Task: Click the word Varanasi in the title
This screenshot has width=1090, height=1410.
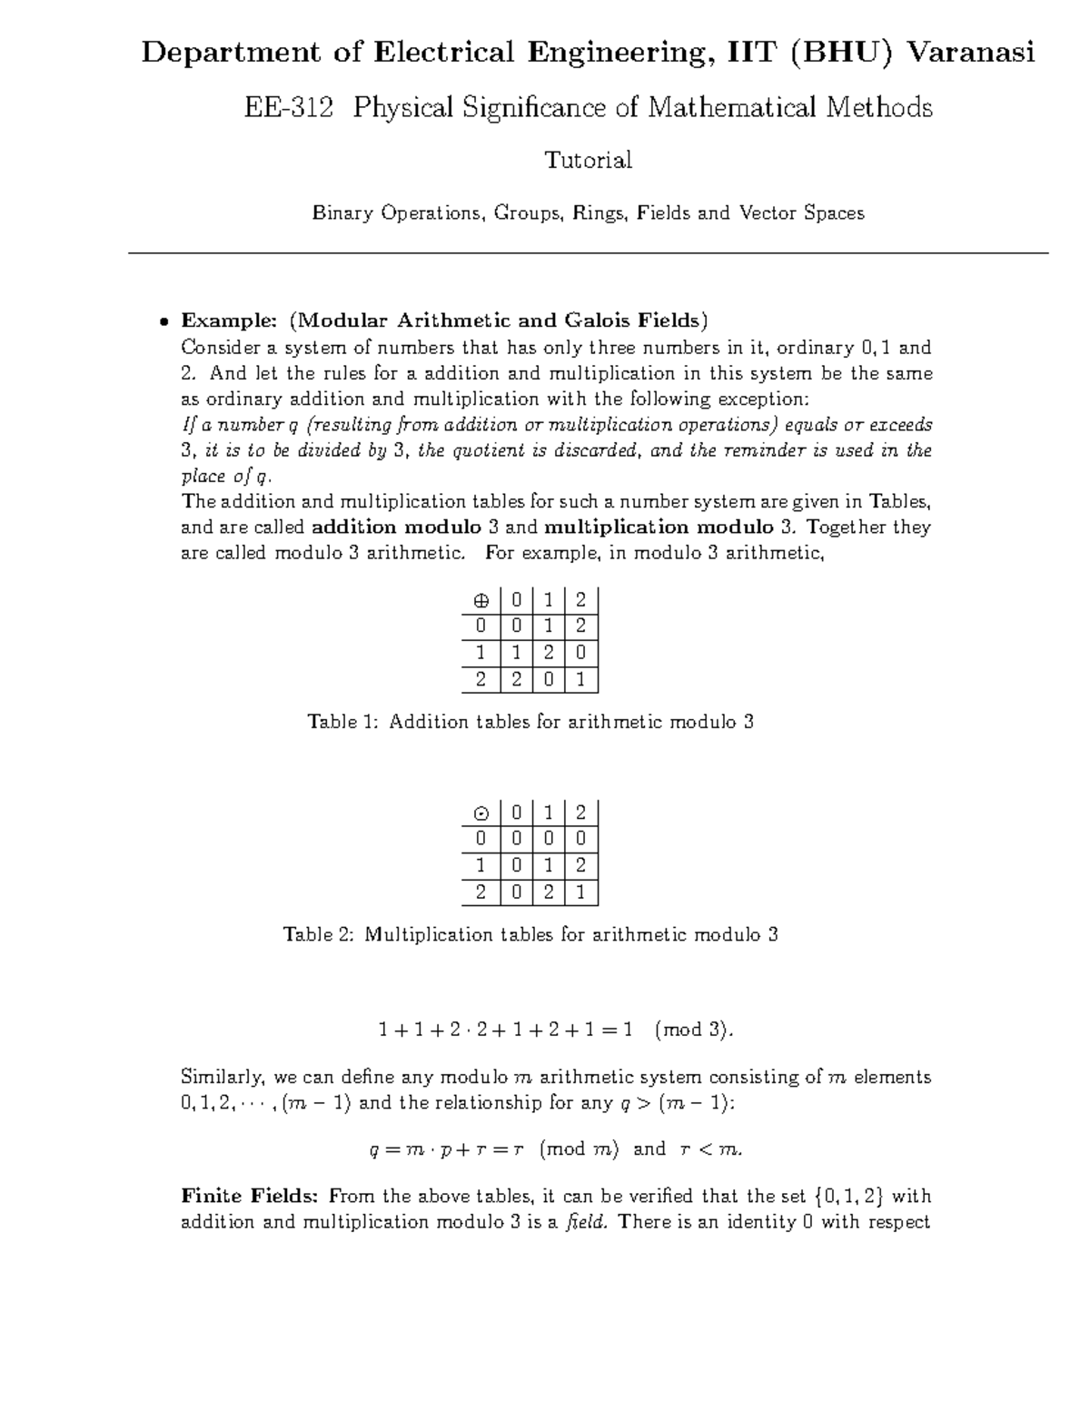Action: coord(971,53)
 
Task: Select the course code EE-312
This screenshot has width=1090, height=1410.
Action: coord(287,108)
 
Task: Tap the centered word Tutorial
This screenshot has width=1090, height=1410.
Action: coord(588,161)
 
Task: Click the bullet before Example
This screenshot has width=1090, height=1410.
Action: coord(163,321)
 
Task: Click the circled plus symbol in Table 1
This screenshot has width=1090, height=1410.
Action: coord(481,601)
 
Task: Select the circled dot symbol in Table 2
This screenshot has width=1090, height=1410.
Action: coord(481,814)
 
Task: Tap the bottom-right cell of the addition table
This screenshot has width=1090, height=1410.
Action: coord(581,679)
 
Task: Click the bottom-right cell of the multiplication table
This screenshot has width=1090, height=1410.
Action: coord(581,892)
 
